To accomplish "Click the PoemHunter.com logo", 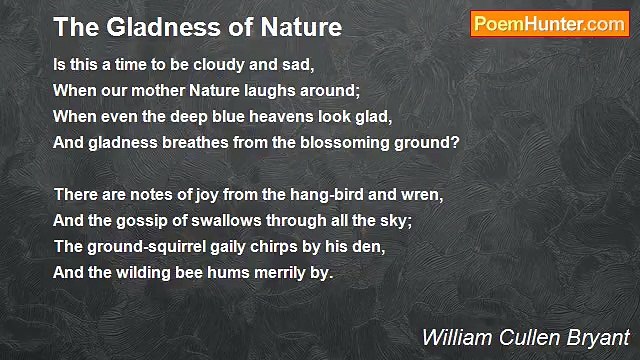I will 549,25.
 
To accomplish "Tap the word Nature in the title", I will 296,27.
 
